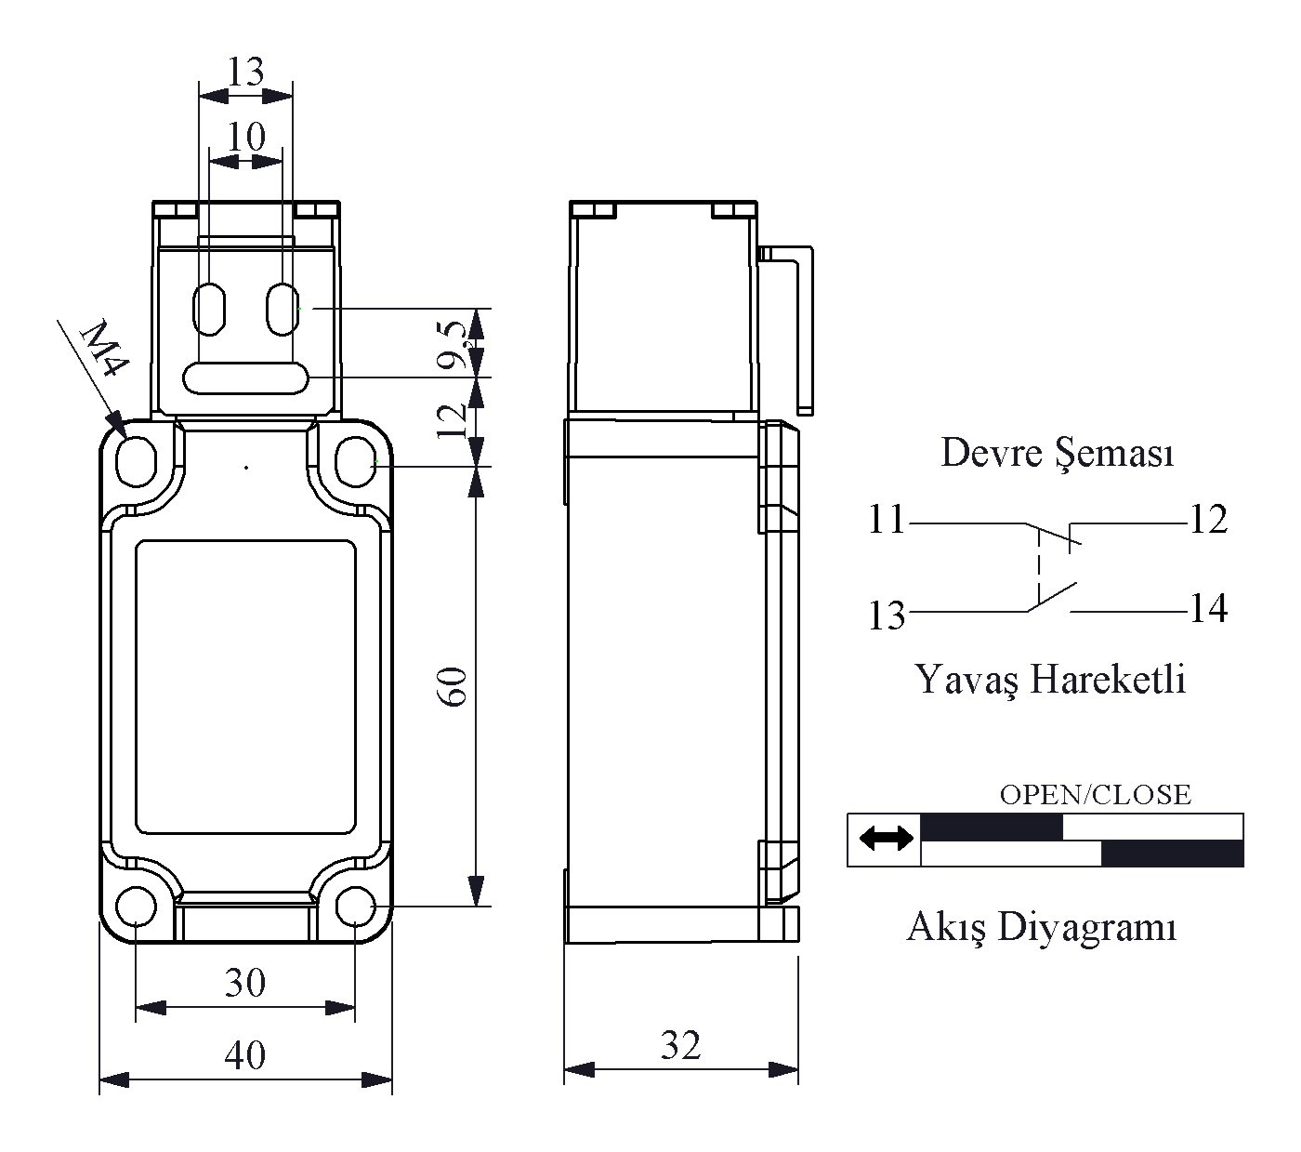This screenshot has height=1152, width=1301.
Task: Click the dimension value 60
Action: [x=454, y=687]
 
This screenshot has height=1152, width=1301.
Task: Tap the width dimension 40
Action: [x=244, y=1055]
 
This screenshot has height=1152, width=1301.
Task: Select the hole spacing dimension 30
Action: [x=244, y=983]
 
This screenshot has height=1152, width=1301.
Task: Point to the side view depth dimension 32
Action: [x=680, y=1045]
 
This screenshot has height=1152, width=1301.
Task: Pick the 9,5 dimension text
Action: [x=455, y=344]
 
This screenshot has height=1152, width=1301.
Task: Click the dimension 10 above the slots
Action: [x=246, y=136]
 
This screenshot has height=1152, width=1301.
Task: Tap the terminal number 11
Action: [x=887, y=519]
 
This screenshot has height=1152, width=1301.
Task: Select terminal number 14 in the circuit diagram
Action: [x=1208, y=608]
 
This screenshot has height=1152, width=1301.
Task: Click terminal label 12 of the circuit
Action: [x=1208, y=519]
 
